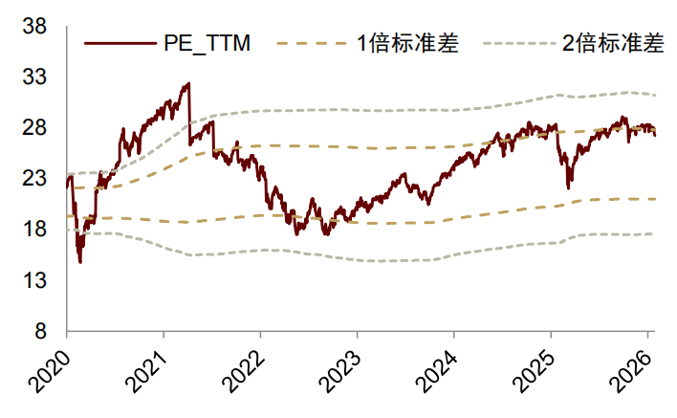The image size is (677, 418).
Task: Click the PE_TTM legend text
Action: tap(205, 43)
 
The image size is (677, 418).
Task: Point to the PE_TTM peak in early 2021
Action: tap(188, 84)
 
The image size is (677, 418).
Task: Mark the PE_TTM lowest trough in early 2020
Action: tap(79, 261)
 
